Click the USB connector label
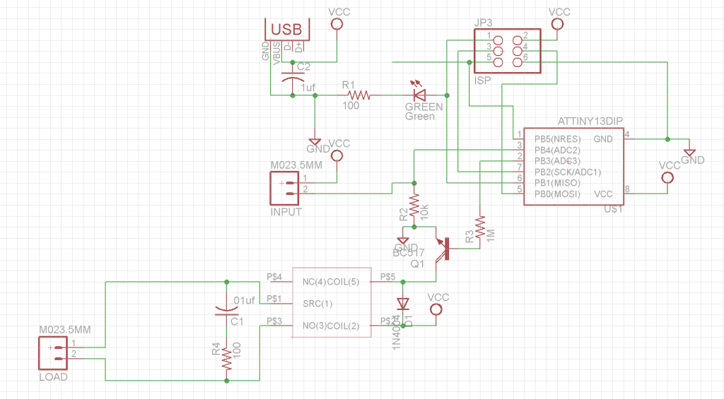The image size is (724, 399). coord(287,29)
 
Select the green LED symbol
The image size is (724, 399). coord(419,94)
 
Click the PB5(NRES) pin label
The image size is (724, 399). coord(557,138)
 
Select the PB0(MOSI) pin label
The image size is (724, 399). coord(558,193)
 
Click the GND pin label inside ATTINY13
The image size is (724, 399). coord(603,138)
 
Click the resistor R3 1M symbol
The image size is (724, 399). coord(479,227)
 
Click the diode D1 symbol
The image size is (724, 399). coord(403,304)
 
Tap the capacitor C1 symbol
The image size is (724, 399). coord(226,309)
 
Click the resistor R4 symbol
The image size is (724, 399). coord(226,359)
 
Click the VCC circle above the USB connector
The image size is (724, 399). coord(337,24)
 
